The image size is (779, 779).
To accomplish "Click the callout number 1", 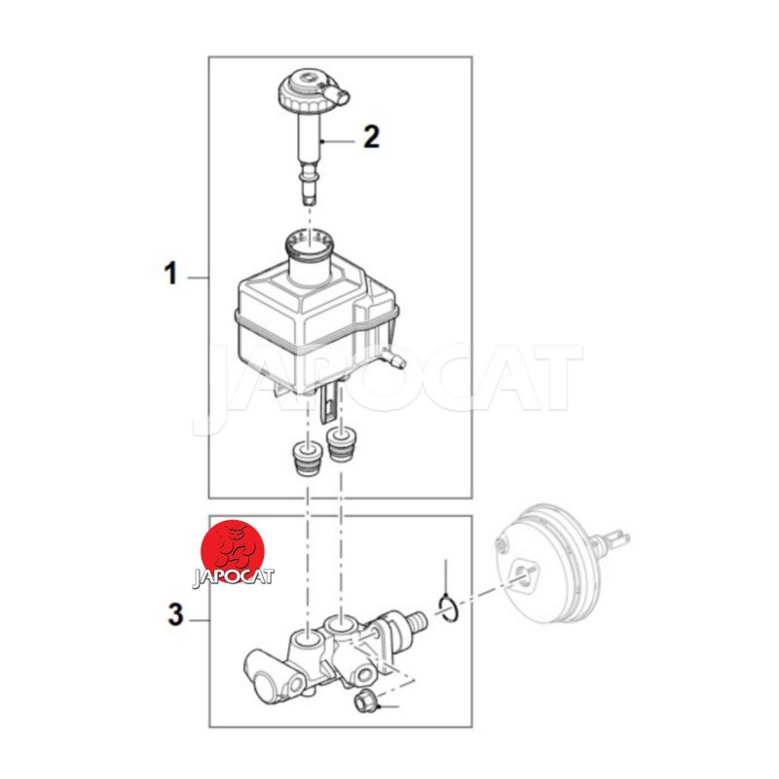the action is coord(170,274).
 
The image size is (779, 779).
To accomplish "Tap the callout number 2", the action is coord(372,136).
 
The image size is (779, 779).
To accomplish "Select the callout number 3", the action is coord(175,614).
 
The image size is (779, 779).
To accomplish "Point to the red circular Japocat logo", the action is coord(233,552).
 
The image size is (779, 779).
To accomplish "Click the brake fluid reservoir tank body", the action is coord(315,328).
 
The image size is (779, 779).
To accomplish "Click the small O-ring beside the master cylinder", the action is coord(448,609).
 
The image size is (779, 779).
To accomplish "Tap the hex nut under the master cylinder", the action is coord(366,702).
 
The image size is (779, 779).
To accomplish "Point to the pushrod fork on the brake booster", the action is coord(616,538).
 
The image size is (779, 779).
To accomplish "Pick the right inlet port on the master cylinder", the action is coord(339,622).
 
